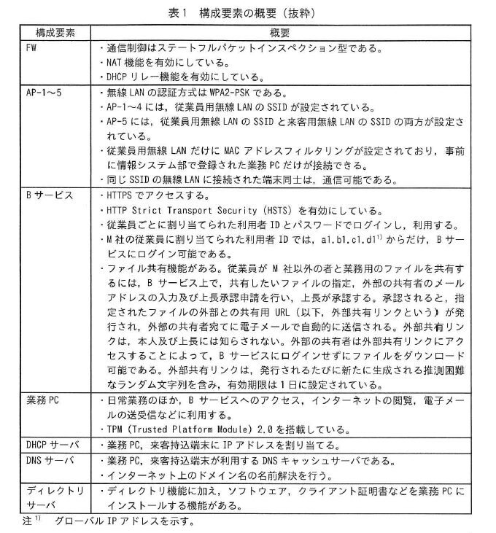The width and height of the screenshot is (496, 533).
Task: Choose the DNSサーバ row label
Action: coord(47,464)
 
